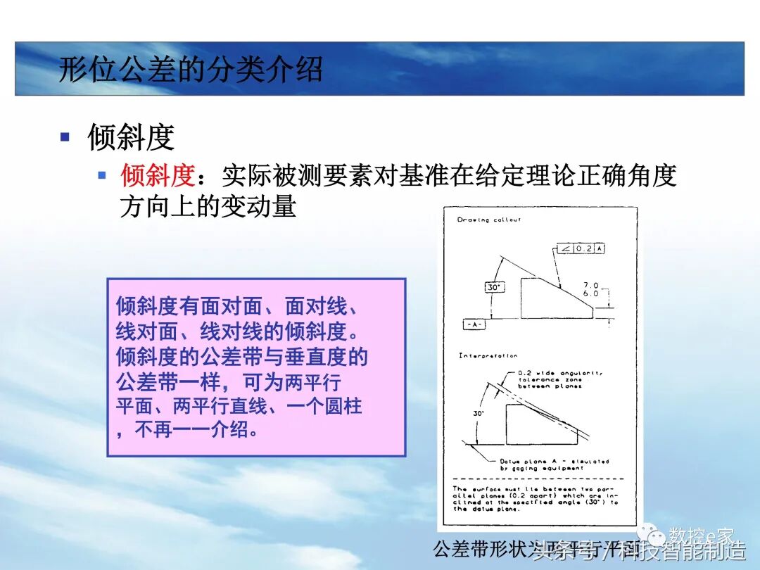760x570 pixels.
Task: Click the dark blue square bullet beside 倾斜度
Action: click(65, 137)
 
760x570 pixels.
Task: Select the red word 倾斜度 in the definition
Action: click(157, 175)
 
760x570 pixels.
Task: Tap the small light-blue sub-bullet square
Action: click(102, 175)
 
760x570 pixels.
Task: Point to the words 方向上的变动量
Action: click(208, 206)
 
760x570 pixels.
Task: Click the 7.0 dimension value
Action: click(590, 285)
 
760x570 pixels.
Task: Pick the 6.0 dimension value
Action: click(590, 293)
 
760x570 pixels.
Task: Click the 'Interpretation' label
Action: click(488, 355)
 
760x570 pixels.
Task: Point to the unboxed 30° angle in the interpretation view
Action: click(479, 414)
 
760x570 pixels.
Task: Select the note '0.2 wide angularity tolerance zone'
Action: click(559, 379)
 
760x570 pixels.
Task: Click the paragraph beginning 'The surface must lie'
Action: click(536, 498)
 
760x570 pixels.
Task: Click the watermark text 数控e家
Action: click(701, 536)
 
